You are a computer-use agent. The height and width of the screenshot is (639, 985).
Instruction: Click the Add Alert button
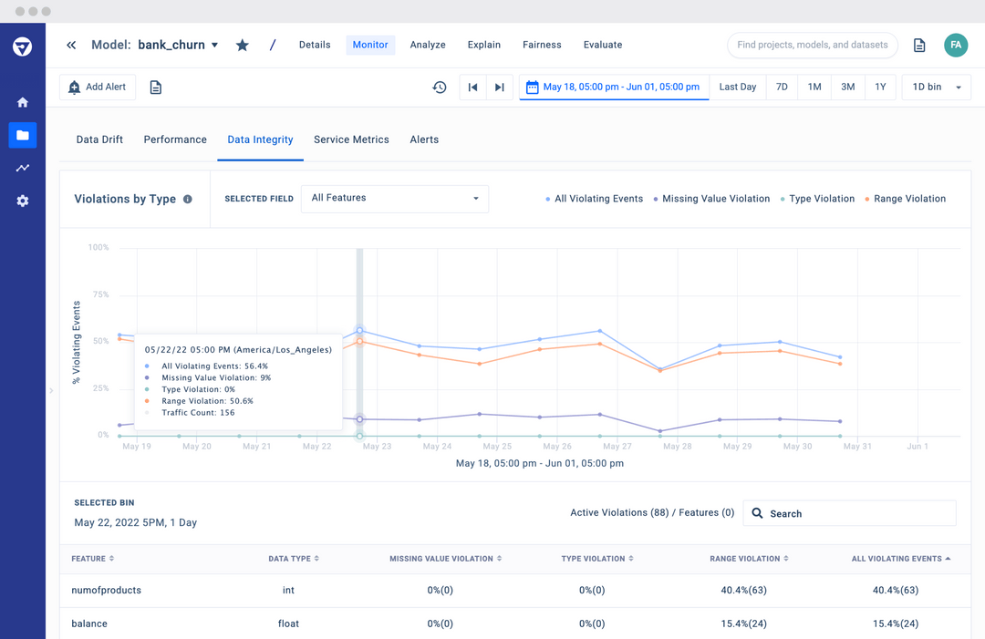click(98, 88)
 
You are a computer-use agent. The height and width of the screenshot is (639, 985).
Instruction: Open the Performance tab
click(175, 139)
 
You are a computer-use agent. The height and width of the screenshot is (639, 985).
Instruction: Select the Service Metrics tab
click(351, 139)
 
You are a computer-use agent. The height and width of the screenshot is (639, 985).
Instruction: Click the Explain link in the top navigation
click(483, 45)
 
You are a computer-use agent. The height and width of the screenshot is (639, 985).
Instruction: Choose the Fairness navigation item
click(542, 45)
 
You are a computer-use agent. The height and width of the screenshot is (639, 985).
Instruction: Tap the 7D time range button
click(782, 88)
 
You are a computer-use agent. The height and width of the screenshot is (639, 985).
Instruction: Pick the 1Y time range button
click(880, 88)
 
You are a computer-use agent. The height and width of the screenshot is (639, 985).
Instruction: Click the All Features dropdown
click(394, 199)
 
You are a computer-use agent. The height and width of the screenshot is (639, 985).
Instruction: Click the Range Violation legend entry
click(909, 199)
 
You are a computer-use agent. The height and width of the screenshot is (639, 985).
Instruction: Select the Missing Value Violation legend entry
click(716, 199)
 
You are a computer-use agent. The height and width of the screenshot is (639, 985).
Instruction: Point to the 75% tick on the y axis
click(99, 294)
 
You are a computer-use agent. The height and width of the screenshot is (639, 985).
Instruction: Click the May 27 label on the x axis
click(617, 447)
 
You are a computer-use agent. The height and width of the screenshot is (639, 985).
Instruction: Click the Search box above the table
click(850, 513)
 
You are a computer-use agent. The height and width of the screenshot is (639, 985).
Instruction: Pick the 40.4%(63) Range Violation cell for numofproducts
click(742, 591)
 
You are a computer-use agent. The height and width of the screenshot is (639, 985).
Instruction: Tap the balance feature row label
click(89, 624)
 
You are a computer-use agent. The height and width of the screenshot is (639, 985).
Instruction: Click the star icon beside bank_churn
click(243, 45)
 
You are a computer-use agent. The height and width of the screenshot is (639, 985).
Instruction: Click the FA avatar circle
click(956, 45)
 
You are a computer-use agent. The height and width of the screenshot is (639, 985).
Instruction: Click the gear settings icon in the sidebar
click(23, 201)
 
